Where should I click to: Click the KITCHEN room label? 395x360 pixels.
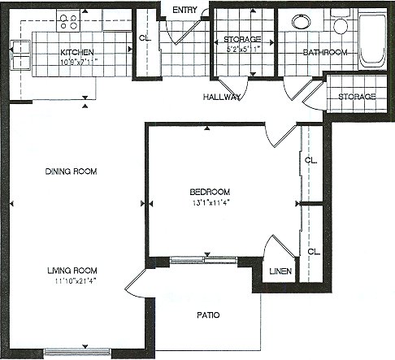77,52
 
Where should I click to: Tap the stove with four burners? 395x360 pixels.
68,21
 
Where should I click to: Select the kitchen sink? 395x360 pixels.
20,55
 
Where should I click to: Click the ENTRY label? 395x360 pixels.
184,10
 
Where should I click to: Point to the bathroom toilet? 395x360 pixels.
341,21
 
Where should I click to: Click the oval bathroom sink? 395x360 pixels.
302,21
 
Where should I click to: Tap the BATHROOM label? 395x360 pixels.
325,52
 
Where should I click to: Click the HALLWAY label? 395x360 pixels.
222,97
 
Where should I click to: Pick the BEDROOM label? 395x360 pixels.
210,192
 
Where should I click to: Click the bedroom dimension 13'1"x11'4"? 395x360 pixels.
211,202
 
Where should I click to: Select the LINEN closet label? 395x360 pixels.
280,271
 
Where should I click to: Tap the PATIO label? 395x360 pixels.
208,315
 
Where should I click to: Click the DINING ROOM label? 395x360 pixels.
71,171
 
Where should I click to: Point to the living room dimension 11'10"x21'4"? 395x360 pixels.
76,281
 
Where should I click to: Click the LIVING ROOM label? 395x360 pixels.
72,271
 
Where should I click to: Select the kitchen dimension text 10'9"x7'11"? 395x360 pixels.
79,62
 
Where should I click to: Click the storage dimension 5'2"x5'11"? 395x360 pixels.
243,50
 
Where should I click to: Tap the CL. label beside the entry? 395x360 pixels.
145,38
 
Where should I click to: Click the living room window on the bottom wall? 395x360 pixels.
77,352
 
